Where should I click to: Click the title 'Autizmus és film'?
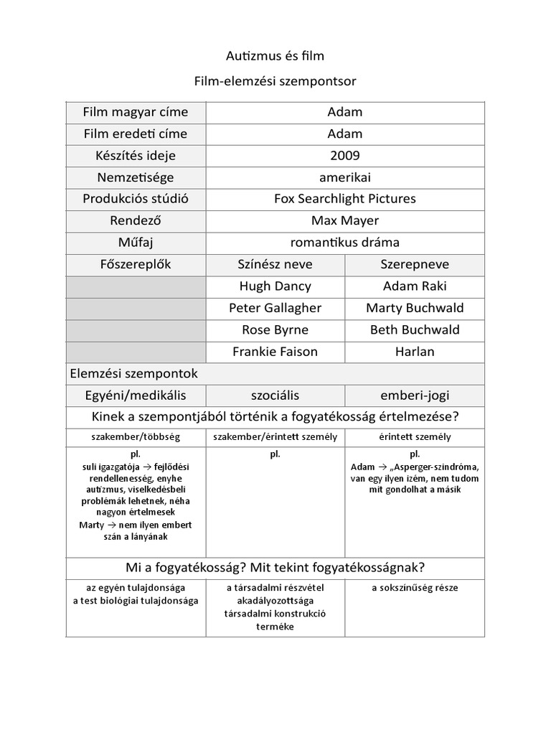pyautogui.click(x=275, y=56)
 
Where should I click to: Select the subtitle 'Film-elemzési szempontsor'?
pyautogui.click(x=275, y=82)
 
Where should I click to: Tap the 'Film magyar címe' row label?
pyautogui.click(x=136, y=112)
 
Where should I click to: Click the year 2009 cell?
pyautogui.click(x=345, y=156)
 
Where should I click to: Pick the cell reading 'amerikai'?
pyautogui.click(x=345, y=177)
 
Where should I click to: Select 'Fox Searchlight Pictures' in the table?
pyautogui.click(x=345, y=199)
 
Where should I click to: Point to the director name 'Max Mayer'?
pyautogui.click(x=345, y=220)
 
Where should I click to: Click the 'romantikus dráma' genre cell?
pyautogui.click(x=345, y=243)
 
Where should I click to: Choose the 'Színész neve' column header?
pyautogui.click(x=275, y=264)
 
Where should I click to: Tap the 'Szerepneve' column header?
pyautogui.click(x=415, y=264)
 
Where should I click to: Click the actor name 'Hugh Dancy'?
pyautogui.click(x=275, y=286)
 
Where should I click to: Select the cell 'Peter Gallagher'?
pyautogui.click(x=275, y=308)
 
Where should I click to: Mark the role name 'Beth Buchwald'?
pyautogui.click(x=415, y=330)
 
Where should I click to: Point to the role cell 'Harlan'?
pyautogui.click(x=415, y=352)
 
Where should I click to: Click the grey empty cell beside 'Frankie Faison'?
pyautogui.click(x=136, y=352)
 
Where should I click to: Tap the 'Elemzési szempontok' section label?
pyautogui.click(x=133, y=374)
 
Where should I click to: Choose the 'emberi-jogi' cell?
pyautogui.click(x=415, y=395)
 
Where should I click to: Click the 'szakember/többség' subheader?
pyautogui.click(x=136, y=436)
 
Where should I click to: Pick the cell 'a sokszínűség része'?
pyautogui.click(x=415, y=588)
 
